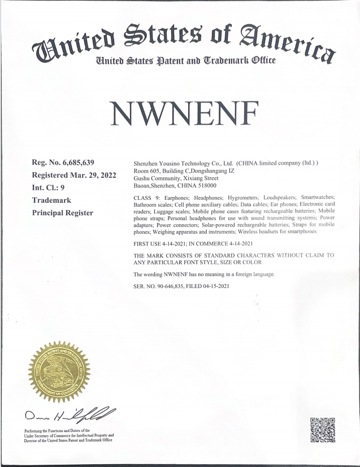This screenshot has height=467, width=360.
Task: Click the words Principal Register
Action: [63, 212]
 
